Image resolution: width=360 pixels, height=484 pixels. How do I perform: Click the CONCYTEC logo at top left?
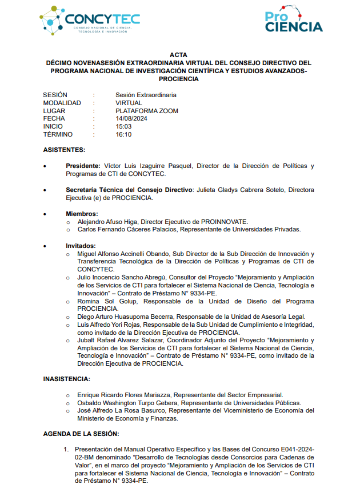coord(90,22)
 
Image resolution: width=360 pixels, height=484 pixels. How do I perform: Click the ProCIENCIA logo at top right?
coord(293,22)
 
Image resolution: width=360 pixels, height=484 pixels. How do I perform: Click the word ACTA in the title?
coord(179,55)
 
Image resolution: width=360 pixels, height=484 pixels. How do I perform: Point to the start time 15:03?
coord(123,127)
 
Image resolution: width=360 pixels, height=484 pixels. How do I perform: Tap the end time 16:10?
coord(123,135)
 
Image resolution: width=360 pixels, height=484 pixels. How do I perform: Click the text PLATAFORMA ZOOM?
coord(147,111)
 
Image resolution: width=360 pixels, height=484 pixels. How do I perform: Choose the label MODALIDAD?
coord(62,103)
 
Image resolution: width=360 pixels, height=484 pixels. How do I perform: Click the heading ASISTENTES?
coord(64,150)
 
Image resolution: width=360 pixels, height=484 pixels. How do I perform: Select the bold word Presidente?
coord(83,166)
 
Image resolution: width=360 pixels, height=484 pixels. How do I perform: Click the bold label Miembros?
coord(82,214)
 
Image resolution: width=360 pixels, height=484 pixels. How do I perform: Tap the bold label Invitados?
coord(82,246)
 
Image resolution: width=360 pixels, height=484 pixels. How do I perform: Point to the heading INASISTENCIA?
coord(66,379)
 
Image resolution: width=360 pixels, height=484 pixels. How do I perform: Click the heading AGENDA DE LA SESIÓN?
coord(81,434)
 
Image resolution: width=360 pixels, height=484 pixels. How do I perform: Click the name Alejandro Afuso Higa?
coord(107,222)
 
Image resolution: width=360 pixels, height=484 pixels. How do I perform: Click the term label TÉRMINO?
coord(58,135)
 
